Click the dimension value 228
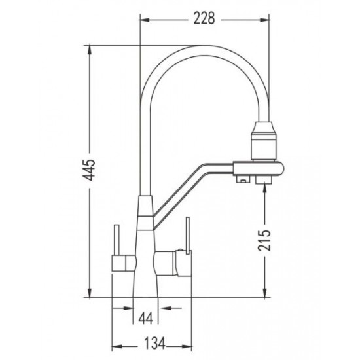point(204,18)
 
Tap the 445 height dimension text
point(90,170)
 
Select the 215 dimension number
point(264,240)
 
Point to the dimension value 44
point(146,319)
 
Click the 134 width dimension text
point(154,344)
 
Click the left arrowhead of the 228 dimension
point(145,20)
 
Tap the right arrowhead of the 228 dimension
point(264,20)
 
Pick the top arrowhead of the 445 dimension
point(90,50)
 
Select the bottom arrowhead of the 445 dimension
point(90,293)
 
